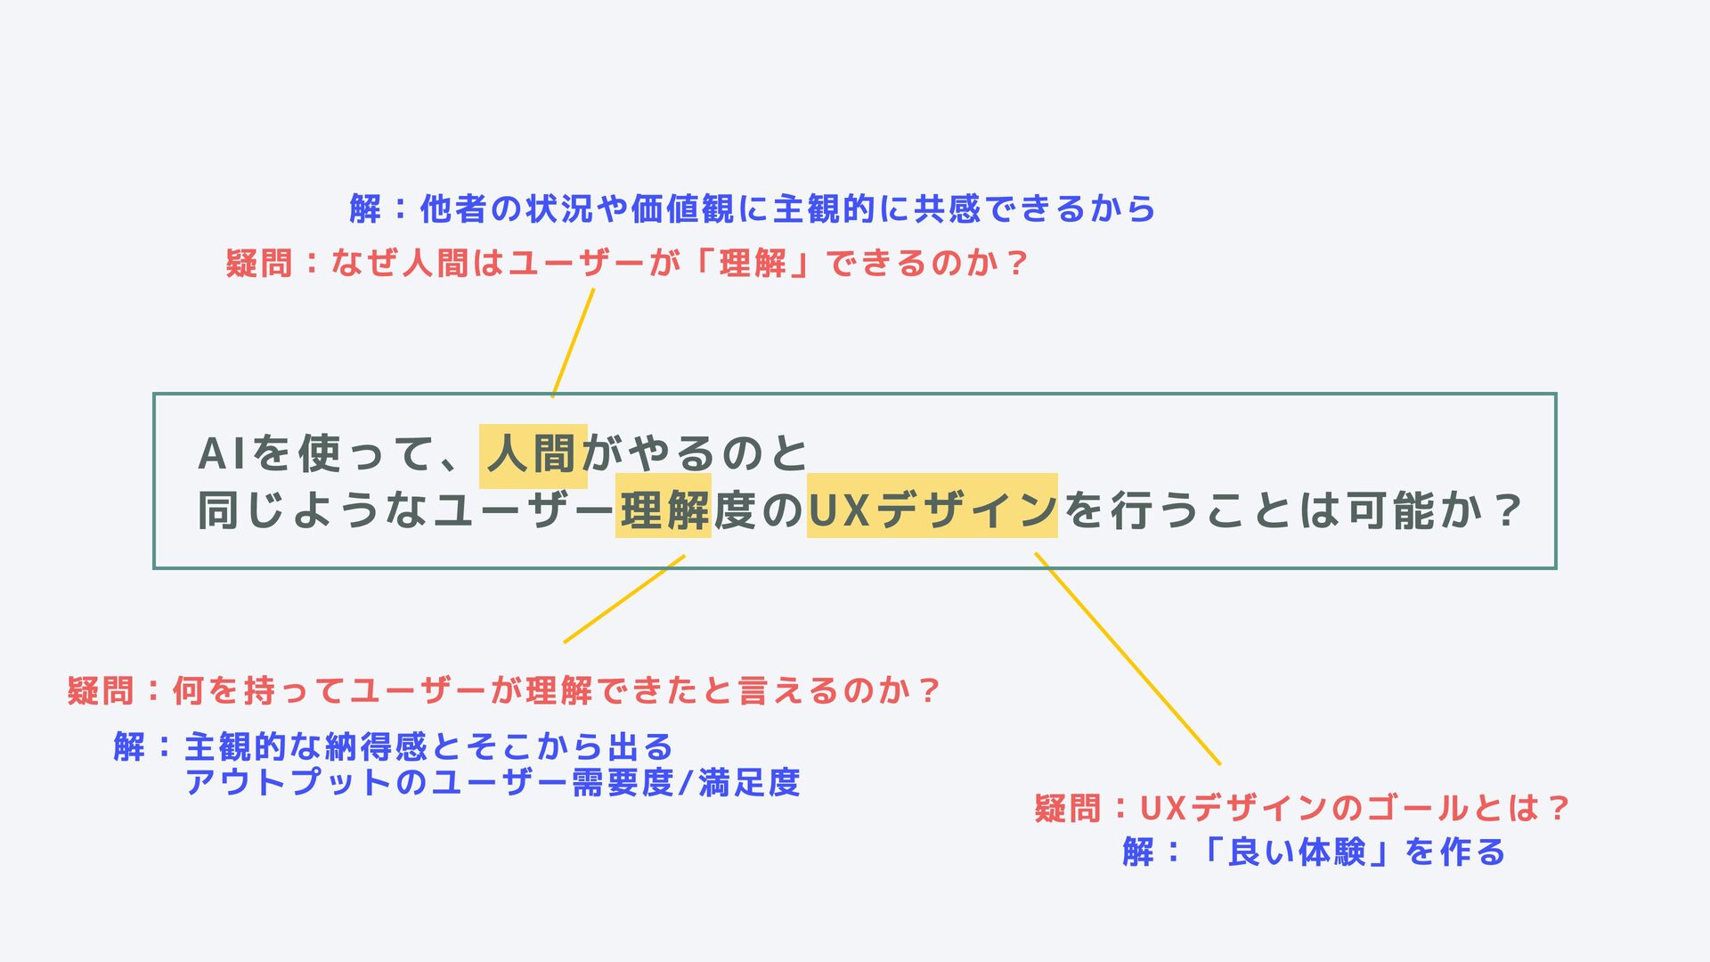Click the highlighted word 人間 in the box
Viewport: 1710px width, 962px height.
tap(533, 455)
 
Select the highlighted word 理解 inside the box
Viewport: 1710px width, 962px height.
tap(664, 510)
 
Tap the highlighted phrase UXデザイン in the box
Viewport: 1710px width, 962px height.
tap(932, 510)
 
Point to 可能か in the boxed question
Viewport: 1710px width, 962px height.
tap(1414, 510)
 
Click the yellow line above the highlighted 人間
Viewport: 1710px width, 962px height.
tap(573, 343)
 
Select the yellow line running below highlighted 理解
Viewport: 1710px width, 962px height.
tap(623, 599)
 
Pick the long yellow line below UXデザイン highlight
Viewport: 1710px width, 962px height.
tap(1127, 658)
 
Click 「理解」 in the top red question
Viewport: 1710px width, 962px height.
tap(753, 264)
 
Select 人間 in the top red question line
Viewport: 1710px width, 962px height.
tap(435, 264)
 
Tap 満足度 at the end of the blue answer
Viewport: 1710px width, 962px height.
tap(749, 783)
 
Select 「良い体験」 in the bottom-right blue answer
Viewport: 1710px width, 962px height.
tap(1297, 852)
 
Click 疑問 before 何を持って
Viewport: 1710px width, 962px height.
tap(101, 691)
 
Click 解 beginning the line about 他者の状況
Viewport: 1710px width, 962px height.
tap(365, 209)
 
